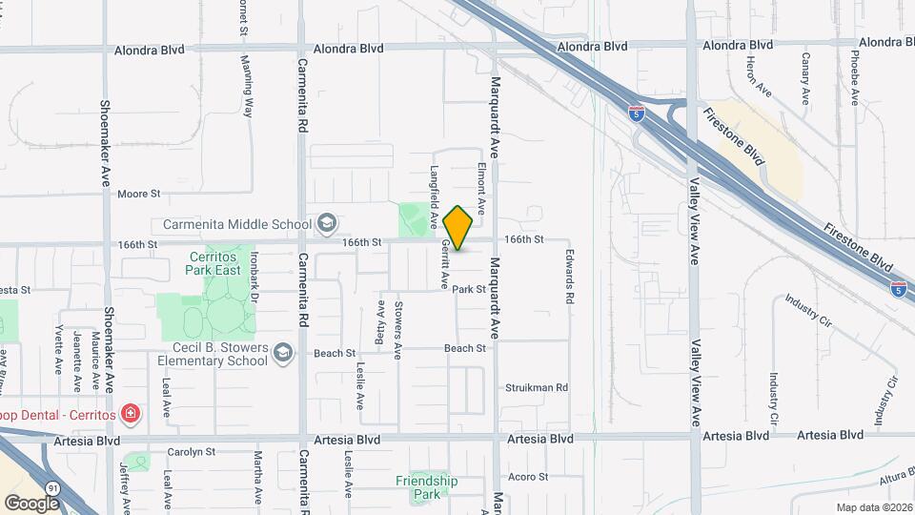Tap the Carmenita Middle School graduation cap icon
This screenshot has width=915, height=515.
(x=327, y=225)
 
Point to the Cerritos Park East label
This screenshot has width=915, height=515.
(x=212, y=264)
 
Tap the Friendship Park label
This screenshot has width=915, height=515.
(x=426, y=487)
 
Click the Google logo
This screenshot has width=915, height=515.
(x=31, y=503)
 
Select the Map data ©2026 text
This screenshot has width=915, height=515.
(x=873, y=507)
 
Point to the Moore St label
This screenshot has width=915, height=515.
(x=138, y=194)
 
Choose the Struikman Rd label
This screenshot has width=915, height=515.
(x=536, y=388)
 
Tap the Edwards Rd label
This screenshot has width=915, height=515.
(x=569, y=278)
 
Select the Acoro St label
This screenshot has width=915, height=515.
(x=529, y=477)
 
